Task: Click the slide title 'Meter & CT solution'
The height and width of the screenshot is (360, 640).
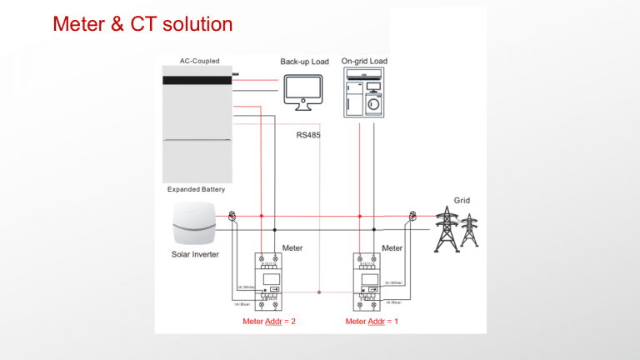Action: pos(142,25)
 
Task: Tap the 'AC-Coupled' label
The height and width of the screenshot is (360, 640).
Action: pos(199,61)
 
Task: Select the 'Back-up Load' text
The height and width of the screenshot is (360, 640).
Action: pos(304,62)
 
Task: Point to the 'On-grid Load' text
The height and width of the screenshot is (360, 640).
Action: pos(364,61)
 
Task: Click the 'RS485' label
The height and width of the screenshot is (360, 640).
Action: pos(308,134)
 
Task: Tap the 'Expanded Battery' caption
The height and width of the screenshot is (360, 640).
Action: pos(190,189)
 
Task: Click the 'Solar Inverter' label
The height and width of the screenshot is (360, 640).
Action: pos(195,253)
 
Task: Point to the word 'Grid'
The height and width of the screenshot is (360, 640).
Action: pos(462,201)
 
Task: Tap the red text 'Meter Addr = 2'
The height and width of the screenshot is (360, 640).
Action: pos(267,321)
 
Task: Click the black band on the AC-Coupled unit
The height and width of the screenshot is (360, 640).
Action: pos(195,80)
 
